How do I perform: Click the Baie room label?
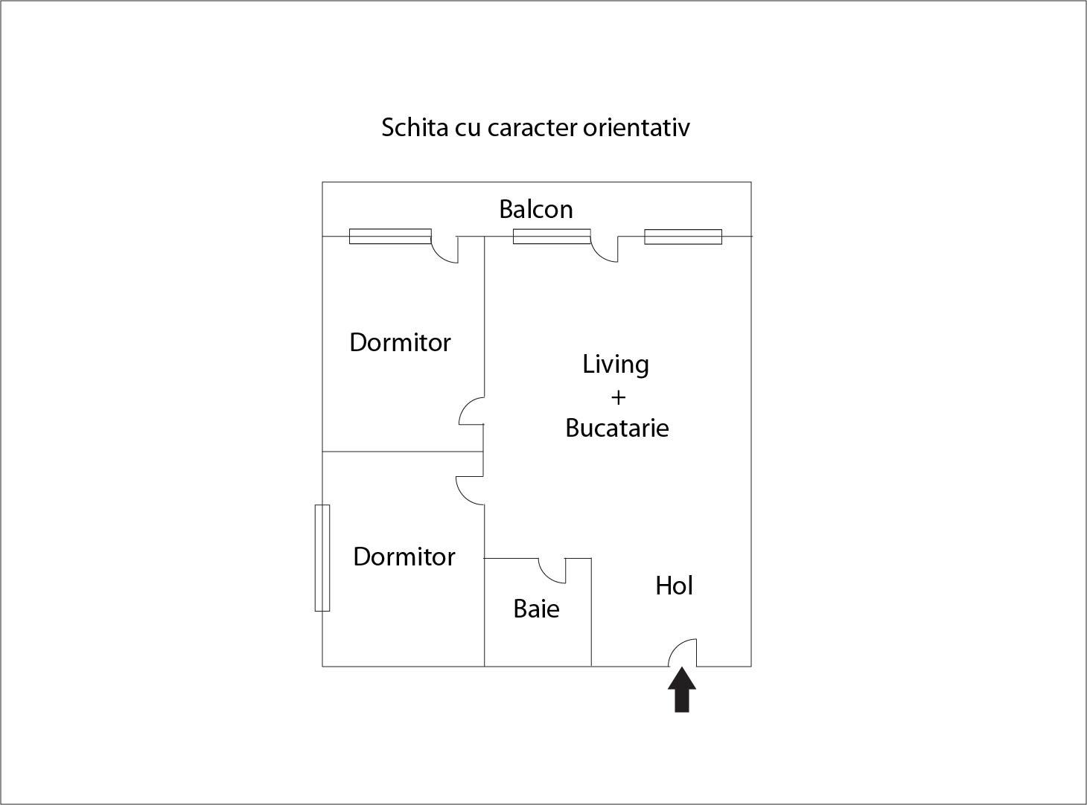click(x=536, y=609)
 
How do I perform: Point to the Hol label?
click(x=674, y=586)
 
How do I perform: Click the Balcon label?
click(x=536, y=209)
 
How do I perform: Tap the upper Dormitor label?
click(x=400, y=342)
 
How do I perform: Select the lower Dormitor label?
click(x=404, y=557)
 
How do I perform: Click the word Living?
click(x=616, y=365)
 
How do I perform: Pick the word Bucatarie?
click(x=616, y=428)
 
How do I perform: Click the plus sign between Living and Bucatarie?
click(x=618, y=397)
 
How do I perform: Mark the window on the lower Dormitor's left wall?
click(x=322, y=557)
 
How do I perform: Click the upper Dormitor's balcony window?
click(x=390, y=237)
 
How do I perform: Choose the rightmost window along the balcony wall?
click(x=683, y=237)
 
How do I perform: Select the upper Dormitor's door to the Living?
click(x=472, y=411)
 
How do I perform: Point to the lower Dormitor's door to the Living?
click(x=471, y=490)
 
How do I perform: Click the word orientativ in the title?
click(x=637, y=127)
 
